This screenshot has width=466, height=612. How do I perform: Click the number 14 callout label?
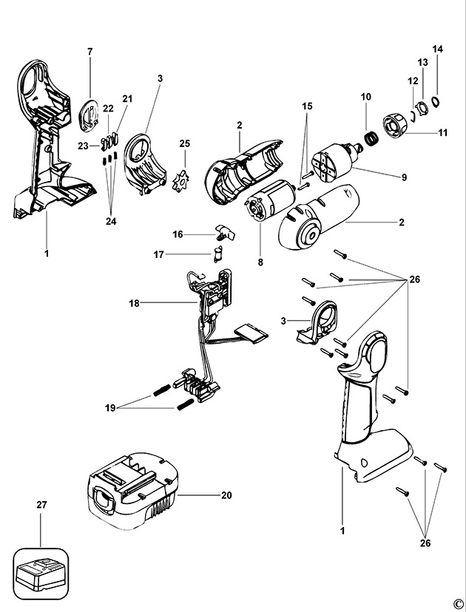pos(438,49)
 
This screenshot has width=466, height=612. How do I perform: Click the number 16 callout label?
pos(178,234)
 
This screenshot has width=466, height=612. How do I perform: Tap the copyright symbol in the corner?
pos(457,602)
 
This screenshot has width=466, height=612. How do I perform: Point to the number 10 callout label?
pos(365,98)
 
